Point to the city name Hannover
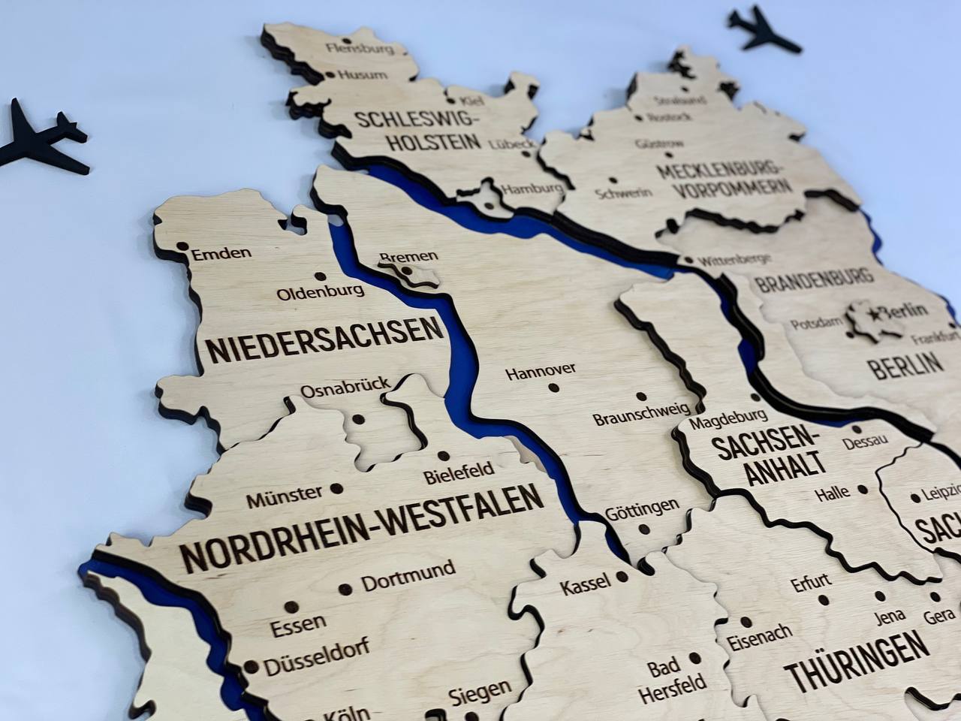[541, 370]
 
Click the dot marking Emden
[181, 246]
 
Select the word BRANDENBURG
[815, 280]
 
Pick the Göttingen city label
[642, 508]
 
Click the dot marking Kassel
[622, 578]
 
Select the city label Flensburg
[361, 49]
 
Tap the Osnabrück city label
[345, 388]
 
